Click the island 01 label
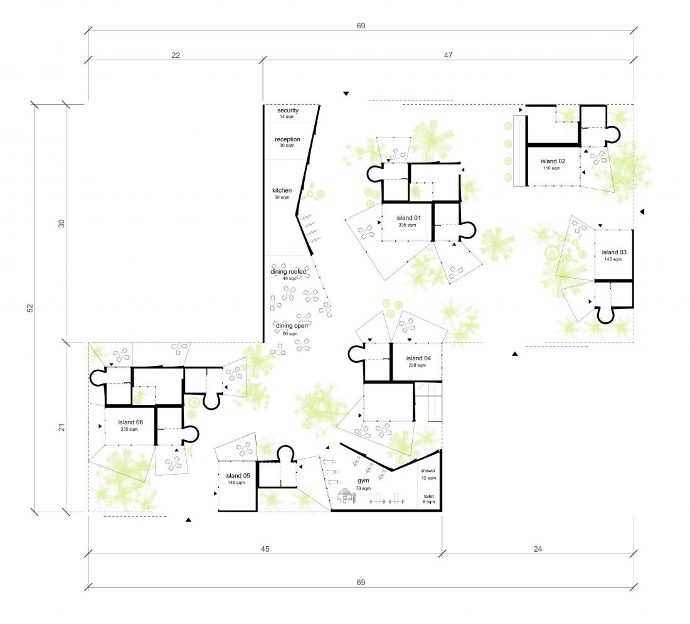coord(408,218)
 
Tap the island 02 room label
coord(553,161)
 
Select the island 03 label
coord(614,252)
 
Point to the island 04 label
coord(418,358)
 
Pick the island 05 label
coord(238,476)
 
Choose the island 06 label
coord(130,422)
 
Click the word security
coord(288,110)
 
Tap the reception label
coord(287,139)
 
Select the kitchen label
coord(282,191)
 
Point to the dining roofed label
coord(289,272)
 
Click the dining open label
coord(292,326)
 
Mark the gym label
coord(363,481)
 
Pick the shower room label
coord(428,471)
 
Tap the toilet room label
coord(429,497)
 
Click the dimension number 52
coord(30,308)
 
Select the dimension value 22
coord(176,55)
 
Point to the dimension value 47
coord(448,55)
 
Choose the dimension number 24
coord(538,549)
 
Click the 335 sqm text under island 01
coord(407,225)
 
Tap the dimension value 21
coord(61,427)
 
